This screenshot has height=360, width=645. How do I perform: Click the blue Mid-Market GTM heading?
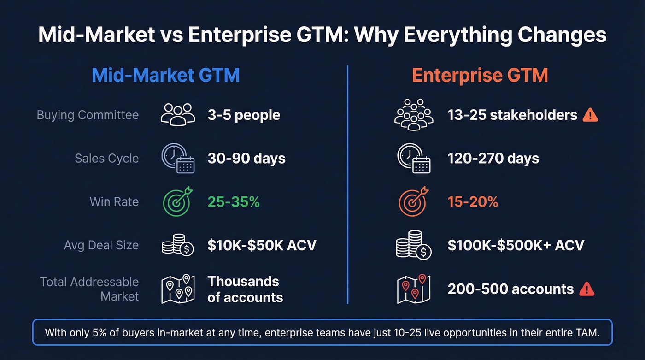click(165, 75)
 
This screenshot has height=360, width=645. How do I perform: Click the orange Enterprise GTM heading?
click(480, 75)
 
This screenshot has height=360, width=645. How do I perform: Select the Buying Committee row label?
click(88, 115)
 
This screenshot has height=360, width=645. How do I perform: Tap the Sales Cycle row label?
click(106, 158)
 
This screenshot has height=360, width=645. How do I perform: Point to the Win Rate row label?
click(114, 201)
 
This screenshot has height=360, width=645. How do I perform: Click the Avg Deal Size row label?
click(101, 245)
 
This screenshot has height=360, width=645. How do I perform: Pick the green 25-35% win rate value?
click(234, 201)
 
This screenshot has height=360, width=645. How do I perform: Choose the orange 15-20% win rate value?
click(473, 201)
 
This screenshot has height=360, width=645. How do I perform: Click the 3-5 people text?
click(244, 115)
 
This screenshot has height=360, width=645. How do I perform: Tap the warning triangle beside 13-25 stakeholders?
click(590, 115)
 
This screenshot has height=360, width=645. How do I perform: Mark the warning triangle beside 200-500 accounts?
click(586, 289)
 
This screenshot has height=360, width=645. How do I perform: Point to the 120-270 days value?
click(493, 159)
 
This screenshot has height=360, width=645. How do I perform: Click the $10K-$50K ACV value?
click(262, 245)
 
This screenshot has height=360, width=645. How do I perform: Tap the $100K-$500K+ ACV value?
click(516, 245)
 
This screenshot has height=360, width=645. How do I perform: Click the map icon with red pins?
click(413, 289)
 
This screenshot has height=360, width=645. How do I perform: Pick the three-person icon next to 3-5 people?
click(178, 114)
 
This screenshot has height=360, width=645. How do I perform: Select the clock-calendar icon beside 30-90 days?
click(178, 159)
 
